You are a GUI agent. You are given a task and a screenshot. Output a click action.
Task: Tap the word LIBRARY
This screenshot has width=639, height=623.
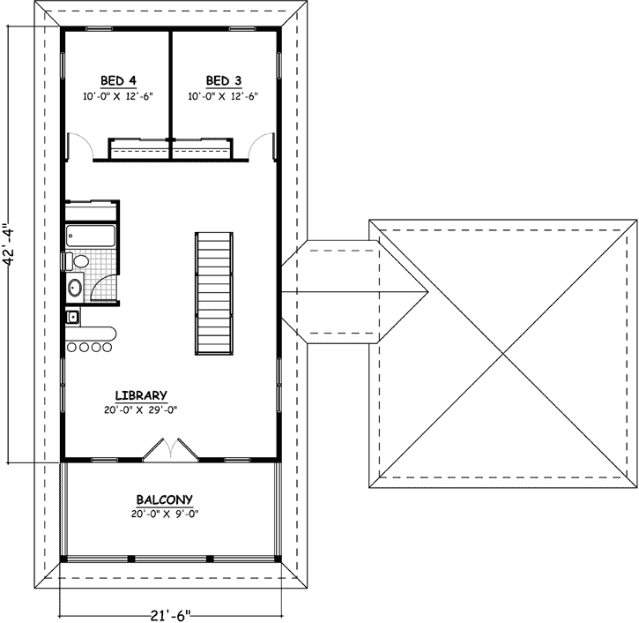pyautogui.click(x=141, y=394)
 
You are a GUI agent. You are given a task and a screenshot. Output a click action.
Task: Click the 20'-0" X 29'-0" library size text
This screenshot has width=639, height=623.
pyautogui.click(x=141, y=409)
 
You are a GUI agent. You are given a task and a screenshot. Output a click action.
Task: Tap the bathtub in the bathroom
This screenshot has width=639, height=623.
pyautogui.click(x=92, y=236)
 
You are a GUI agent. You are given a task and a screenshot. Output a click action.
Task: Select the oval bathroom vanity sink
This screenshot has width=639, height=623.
pyautogui.click(x=73, y=287)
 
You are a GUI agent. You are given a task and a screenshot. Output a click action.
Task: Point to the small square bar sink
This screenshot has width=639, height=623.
pyautogui.click(x=72, y=318)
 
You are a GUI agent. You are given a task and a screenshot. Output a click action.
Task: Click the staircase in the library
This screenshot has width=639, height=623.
pyautogui.click(x=214, y=293)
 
